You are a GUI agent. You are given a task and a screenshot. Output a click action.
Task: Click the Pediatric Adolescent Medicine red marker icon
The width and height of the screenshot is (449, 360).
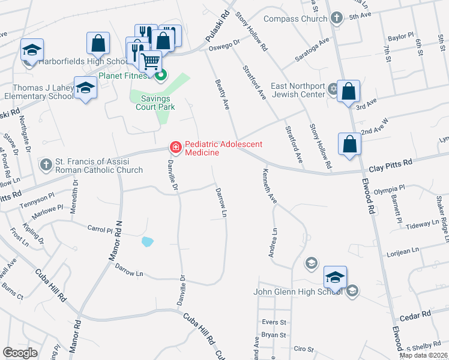[175, 146]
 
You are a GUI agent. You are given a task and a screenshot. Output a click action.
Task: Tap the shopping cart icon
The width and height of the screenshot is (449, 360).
[150, 60]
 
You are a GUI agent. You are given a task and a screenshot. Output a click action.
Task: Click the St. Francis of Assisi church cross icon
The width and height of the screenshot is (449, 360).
[46, 164]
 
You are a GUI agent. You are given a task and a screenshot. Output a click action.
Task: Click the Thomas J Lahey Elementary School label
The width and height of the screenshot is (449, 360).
[37, 91]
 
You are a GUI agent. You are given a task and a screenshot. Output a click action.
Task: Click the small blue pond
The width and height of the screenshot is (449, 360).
[146, 242]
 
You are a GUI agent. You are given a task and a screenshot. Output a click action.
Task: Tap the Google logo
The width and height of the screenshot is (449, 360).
[20, 352]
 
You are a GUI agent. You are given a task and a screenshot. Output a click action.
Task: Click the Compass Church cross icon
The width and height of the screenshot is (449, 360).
[337, 18]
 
